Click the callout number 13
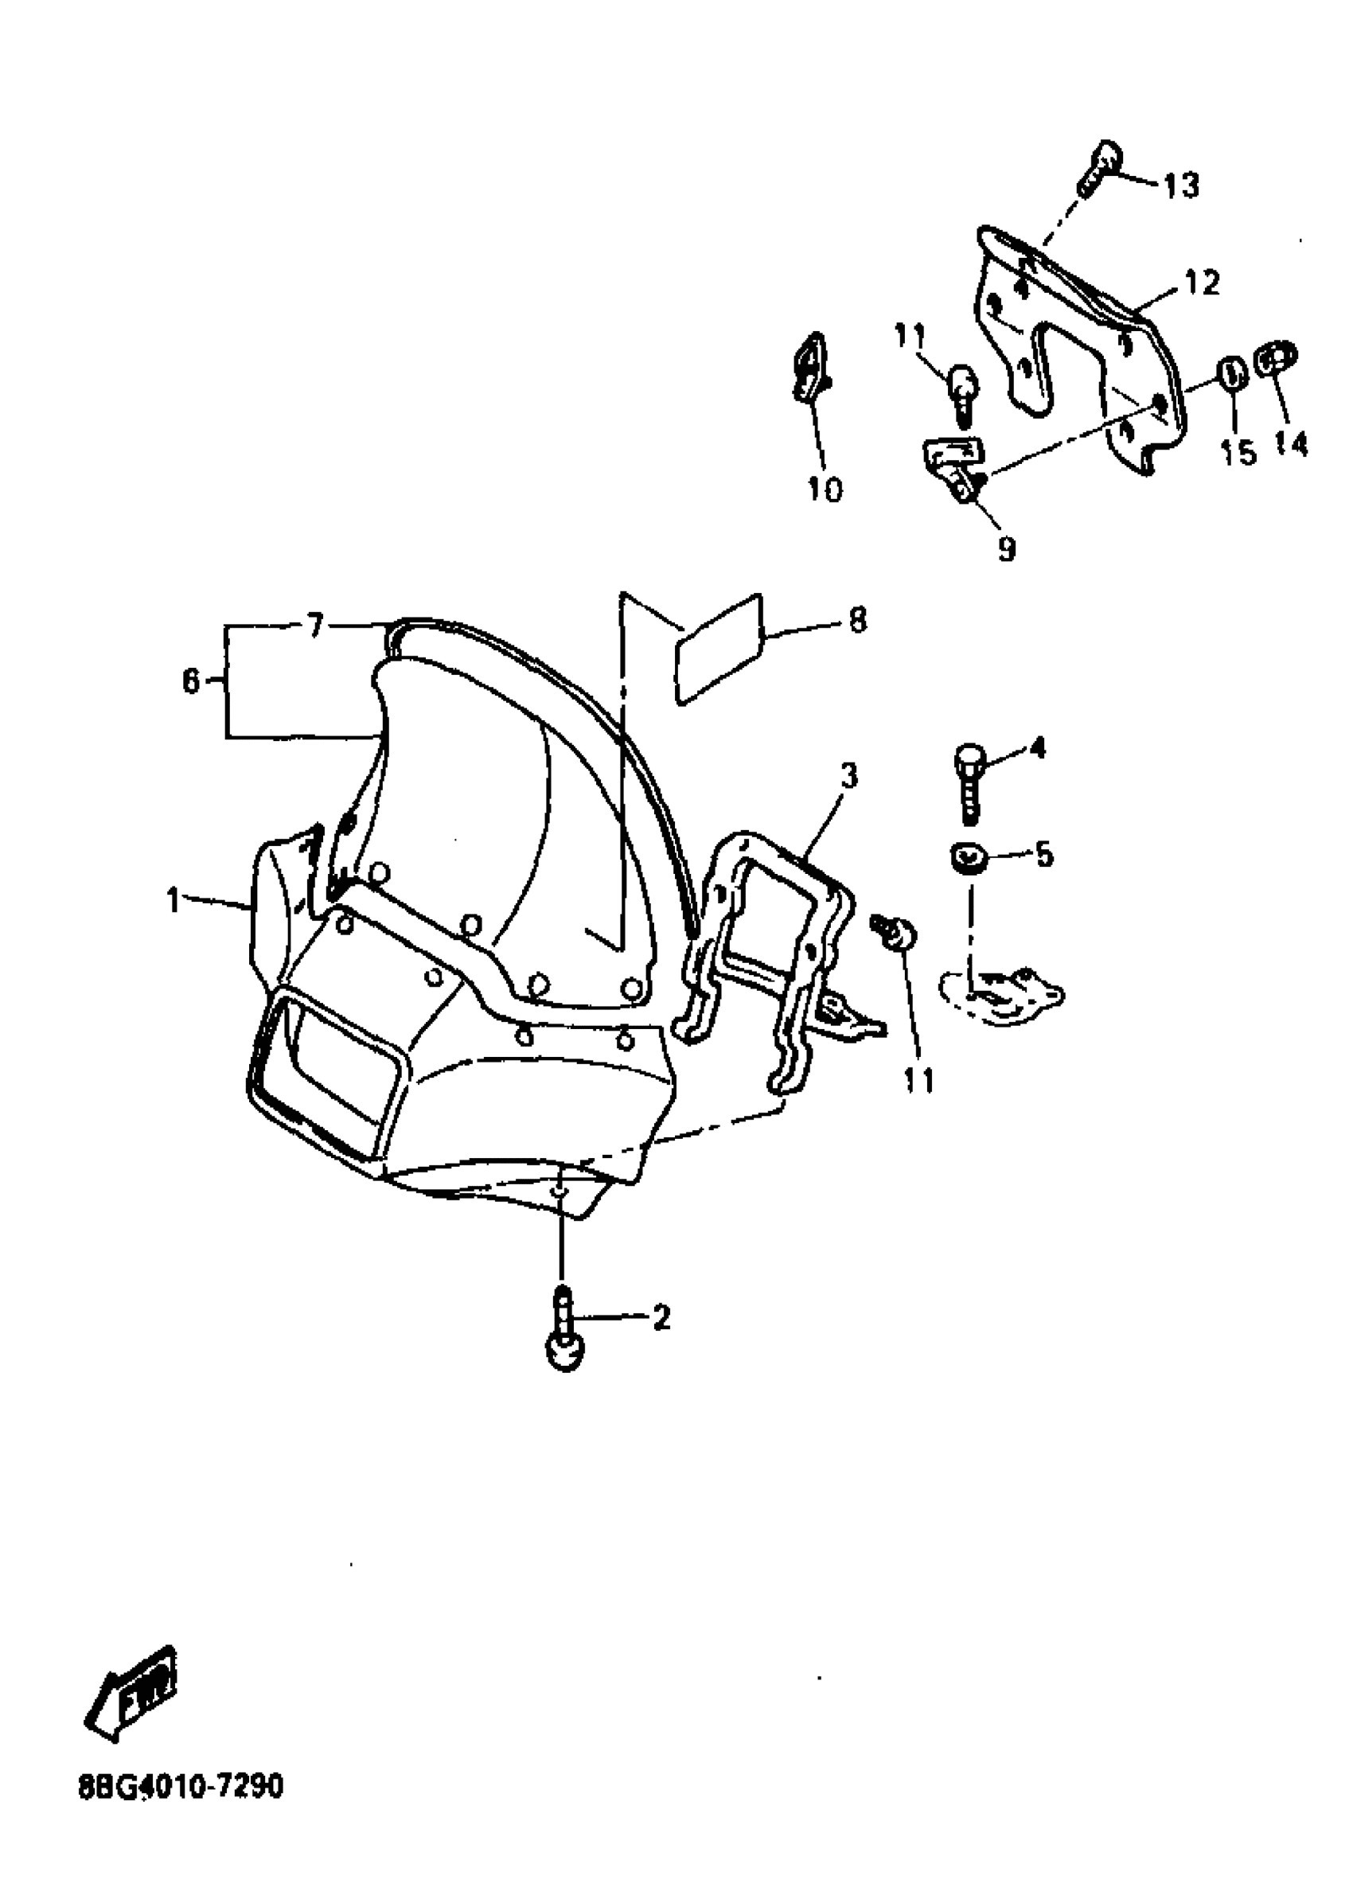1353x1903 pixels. pyautogui.click(x=1180, y=185)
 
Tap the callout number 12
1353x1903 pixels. pyautogui.click(x=1199, y=283)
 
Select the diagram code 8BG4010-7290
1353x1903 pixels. pyautogui.click(x=181, y=1786)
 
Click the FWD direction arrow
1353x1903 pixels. pyautogui.click(x=133, y=1690)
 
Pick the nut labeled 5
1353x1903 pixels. pyautogui.click(x=967, y=858)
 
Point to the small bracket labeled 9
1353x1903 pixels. pyautogui.click(x=957, y=466)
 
